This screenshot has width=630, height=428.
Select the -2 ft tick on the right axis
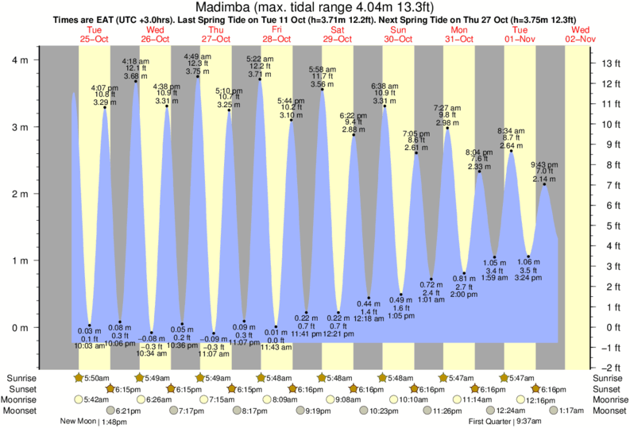[606, 368]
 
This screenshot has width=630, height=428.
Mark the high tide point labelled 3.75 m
[198, 76]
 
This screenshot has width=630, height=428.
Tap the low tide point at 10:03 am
[90, 326]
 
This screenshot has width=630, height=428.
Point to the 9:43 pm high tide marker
[544, 184]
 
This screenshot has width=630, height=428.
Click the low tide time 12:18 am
[369, 318]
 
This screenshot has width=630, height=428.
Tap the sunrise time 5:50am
[99, 378]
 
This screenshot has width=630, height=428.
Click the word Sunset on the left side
[22, 389]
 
